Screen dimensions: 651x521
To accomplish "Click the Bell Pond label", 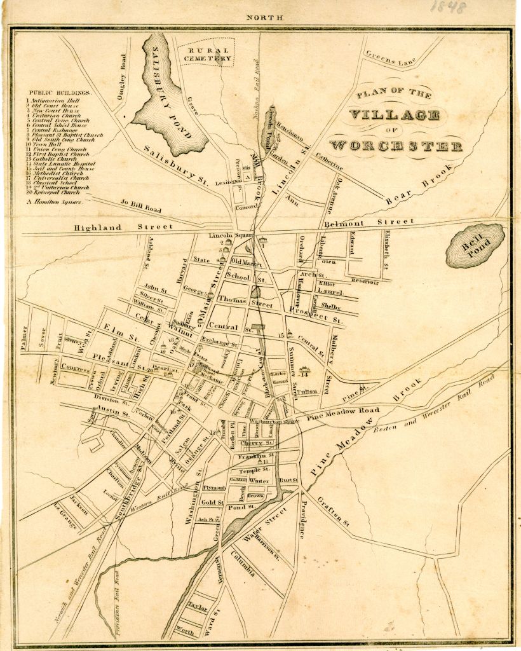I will [x=475, y=245].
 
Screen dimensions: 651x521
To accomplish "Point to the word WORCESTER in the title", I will [x=396, y=145].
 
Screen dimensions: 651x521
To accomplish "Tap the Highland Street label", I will [x=123, y=227].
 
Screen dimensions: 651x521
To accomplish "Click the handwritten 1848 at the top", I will [x=448, y=7].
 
